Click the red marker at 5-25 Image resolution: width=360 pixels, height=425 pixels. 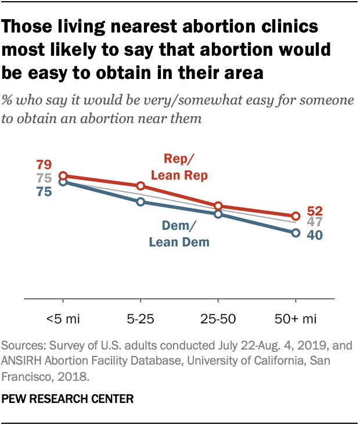click(x=140, y=186)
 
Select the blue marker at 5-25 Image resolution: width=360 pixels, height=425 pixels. click(x=140, y=201)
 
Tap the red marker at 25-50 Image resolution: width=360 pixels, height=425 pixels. click(x=218, y=206)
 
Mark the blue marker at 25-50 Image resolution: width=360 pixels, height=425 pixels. click(x=218, y=214)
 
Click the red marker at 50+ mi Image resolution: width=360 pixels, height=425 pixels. click(x=295, y=216)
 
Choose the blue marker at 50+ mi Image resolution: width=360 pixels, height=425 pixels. click(x=295, y=233)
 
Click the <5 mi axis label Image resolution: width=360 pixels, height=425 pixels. click(x=63, y=319)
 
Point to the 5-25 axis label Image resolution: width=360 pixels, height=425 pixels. click(x=140, y=319)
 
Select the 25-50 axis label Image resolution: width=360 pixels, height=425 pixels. click(x=218, y=319)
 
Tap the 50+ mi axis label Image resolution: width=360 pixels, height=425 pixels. click(x=295, y=319)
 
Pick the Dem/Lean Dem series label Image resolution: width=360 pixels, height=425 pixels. click(x=179, y=234)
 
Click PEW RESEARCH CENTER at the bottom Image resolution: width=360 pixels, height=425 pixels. click(x=68, y=399)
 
